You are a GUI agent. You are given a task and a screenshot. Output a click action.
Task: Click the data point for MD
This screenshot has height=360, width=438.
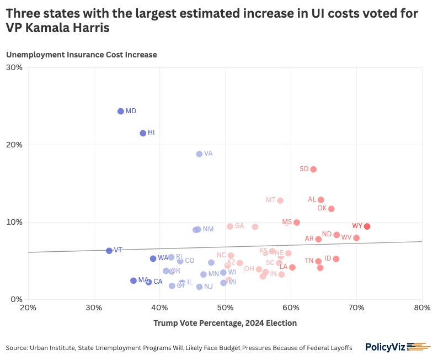click(121, 111)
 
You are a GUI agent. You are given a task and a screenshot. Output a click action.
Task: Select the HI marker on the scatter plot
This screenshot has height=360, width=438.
click(143, 133)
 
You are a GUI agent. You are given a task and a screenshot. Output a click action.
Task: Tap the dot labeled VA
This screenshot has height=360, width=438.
click(199, 154)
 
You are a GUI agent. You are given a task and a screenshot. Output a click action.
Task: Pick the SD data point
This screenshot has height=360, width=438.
click(313, 169)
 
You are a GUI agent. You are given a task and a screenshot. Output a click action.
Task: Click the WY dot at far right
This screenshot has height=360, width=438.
click(367, 226)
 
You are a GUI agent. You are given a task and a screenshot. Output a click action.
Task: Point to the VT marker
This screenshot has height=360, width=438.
click(109, 251)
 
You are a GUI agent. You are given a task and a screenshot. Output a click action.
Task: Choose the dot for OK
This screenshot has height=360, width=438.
click(332, 209)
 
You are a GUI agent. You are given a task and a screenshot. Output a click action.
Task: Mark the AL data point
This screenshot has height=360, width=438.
click(321, 200)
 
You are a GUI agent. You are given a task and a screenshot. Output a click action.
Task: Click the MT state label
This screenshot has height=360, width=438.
click(270, 200)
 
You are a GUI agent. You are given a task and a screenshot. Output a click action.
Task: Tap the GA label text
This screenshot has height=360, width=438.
click(239, 226)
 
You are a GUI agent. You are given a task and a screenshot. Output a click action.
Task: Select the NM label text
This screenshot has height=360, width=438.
click(208, 229)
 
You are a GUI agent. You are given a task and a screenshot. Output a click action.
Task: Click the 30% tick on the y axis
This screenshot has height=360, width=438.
click(14, 67)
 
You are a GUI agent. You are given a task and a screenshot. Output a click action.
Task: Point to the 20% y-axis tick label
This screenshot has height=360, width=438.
click(14, 145)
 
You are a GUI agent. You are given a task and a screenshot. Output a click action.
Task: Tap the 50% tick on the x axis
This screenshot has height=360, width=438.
click(225, 308)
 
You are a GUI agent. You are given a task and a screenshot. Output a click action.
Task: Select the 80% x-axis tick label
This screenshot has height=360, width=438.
click(421, 308)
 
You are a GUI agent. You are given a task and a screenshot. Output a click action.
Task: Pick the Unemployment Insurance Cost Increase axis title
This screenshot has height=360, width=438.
click(82, 55)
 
